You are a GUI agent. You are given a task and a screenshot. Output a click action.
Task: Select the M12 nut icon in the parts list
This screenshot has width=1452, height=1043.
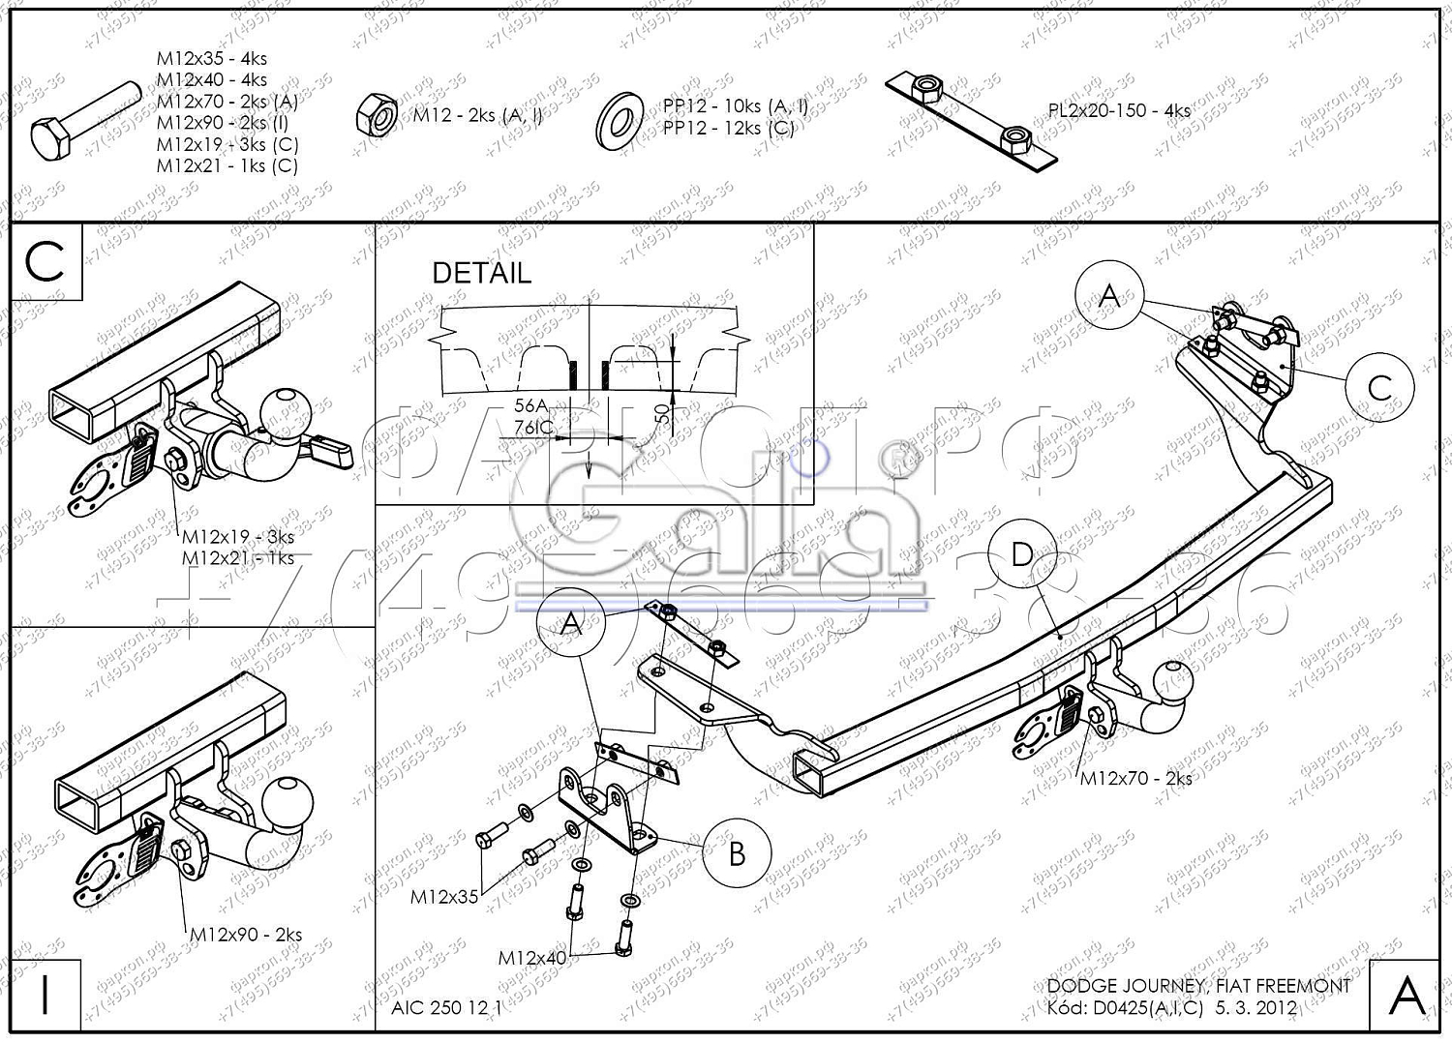click(x=378, y=115)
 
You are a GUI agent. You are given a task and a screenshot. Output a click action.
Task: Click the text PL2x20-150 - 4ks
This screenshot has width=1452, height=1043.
click(x=1119, y=110)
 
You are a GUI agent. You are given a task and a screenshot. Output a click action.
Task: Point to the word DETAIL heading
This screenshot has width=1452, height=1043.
click(x=481, y=273)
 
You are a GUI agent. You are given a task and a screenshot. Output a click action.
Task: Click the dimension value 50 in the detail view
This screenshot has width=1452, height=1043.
click(x=662, y=413)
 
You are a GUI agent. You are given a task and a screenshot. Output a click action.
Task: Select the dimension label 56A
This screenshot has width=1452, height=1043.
click(x=530, y=406)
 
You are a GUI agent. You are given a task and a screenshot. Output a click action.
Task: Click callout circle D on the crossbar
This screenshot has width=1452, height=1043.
click(x=1022, y=554)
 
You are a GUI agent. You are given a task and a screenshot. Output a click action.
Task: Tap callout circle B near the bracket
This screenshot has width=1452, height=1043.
click(x=737, y=853)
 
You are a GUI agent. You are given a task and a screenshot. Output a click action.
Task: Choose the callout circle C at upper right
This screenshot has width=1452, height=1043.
click(x=1379, y=388)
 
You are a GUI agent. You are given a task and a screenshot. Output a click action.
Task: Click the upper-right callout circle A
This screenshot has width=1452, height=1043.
click(x=1109, y=295)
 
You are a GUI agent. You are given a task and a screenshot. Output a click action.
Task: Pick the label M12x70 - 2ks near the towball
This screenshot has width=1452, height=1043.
click(x=1135, y=778)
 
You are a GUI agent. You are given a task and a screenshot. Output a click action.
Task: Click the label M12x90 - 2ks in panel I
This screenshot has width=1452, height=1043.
click(x=246, y=935)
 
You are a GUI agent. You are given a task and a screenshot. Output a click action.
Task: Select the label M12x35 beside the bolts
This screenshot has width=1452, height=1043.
click(x=444, y=897)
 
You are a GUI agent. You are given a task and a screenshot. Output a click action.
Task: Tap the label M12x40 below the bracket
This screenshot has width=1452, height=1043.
click(x=532, y=958)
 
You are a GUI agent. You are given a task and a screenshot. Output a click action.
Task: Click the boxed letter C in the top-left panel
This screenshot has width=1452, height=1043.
click(x=45, y=261)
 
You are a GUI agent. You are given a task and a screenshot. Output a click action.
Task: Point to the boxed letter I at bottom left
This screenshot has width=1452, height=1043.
click(x=45, y=995)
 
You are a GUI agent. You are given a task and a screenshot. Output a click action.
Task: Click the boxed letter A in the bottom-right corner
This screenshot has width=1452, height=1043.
click(x=1406, y=995)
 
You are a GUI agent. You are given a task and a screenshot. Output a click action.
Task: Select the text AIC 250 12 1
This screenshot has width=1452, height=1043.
click(x=446, y=1008)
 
